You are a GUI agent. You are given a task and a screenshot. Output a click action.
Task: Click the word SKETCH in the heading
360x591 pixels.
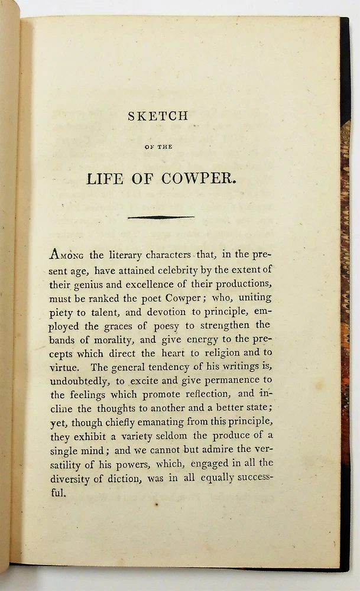click(x=158, y=116)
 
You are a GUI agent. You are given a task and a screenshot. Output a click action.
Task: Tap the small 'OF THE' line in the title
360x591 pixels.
click(x=158, y=147)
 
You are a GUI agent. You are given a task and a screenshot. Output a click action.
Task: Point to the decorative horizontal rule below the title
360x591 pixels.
click(x=161, y=217)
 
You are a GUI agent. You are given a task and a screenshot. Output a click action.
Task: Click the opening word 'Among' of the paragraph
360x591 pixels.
click(x=67, y=255)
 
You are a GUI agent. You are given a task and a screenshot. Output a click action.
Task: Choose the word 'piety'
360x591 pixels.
click(x=61, y=311)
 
